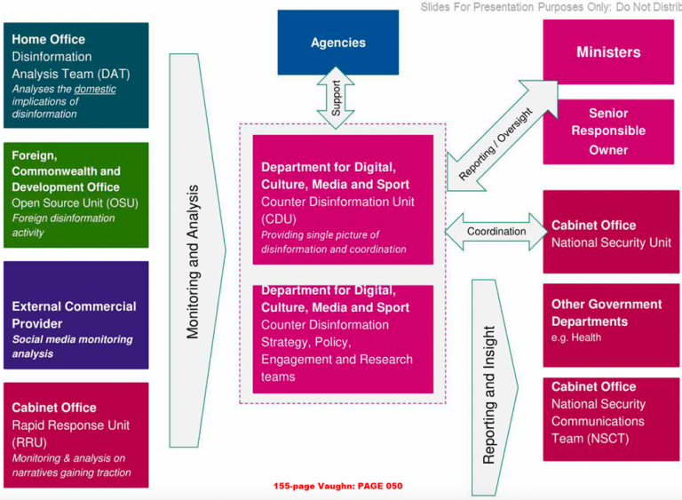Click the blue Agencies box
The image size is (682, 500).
point(338,43)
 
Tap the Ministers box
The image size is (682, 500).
point(608,52)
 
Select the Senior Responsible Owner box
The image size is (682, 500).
point(608,131)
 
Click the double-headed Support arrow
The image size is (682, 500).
point(336,98)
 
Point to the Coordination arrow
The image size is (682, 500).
point(496,232)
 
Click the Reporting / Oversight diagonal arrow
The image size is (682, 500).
point(503,136)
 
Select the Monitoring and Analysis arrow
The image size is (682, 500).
point(197,250)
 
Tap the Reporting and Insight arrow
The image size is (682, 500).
point(495,387)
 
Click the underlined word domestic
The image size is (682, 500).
point(95,89)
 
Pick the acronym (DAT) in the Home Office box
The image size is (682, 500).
point(114,74)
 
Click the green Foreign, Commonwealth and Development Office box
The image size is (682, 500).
point(76,195)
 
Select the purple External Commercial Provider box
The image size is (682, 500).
point(76,315)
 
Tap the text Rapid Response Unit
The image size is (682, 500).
point(70,425)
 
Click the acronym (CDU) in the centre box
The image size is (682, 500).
point(279,218)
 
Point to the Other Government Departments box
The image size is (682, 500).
point(611,325)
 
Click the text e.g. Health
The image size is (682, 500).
point(576,337)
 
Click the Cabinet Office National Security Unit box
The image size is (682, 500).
point(611,232)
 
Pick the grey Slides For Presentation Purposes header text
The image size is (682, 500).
point(551,7)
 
